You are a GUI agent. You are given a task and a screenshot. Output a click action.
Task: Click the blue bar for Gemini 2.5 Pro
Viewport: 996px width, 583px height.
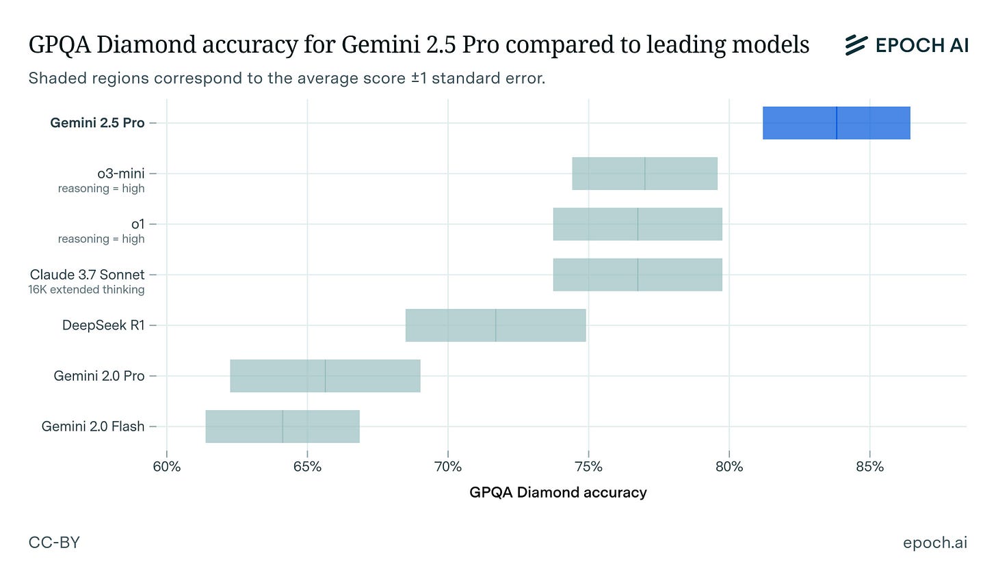coord(837,122)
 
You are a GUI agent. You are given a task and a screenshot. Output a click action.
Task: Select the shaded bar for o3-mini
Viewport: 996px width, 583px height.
coord(644,174)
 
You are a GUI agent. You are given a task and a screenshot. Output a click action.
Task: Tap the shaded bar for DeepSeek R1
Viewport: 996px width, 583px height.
coord(496,325)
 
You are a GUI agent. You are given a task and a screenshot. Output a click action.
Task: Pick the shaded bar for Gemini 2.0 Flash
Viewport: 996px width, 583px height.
coord(283,426)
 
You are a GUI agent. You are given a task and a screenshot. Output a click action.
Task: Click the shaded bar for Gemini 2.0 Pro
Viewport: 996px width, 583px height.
coord(325,376)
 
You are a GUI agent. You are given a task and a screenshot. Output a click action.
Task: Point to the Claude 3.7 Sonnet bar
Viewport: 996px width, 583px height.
coord(638,275)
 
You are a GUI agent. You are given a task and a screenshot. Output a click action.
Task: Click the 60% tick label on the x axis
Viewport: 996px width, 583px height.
coord(167,467)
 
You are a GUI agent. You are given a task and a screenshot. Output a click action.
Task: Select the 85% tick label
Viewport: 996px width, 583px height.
coord(869,467)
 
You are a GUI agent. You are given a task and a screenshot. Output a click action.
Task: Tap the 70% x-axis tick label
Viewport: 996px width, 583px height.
coord(448,467)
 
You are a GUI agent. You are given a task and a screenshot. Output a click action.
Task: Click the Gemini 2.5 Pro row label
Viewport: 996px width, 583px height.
coord(97,122)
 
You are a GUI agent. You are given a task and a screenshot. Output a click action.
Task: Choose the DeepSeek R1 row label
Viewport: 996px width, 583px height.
coord(103,325)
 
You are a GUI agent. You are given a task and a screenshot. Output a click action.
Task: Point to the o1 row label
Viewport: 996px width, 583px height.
coord(137,224)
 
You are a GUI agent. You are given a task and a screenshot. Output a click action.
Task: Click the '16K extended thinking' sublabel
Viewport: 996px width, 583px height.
coord(86,289)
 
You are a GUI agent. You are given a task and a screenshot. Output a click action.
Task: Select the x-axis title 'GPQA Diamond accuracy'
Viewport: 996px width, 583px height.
coord(558,492)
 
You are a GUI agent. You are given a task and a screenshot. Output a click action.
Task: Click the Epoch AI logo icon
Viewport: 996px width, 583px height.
coord(856,45)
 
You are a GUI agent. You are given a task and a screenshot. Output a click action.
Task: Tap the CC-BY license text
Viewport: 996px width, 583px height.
coord(54,543)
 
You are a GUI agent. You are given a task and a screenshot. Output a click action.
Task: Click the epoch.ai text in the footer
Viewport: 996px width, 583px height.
coord(935,543)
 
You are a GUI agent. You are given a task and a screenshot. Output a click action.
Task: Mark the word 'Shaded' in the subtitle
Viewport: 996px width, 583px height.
coord(57,78)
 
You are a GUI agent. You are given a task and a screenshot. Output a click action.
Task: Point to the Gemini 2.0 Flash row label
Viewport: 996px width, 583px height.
coord(93,426)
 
